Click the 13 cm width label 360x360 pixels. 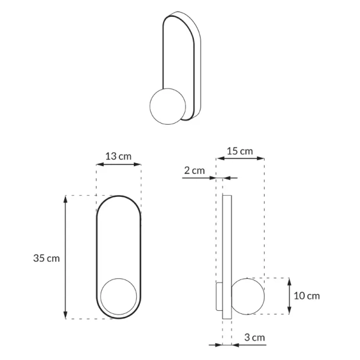coord(118,157)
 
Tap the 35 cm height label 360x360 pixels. coord(46,258)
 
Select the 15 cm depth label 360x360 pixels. coord(239,151)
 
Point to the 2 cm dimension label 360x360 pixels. coord(194,170)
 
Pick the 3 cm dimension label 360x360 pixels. coord(254,337)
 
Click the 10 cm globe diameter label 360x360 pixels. coord(307,296)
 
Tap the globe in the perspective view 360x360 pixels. coord(167,106)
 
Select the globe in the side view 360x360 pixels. coord(248,296)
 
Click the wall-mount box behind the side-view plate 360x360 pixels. coord(219,296)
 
